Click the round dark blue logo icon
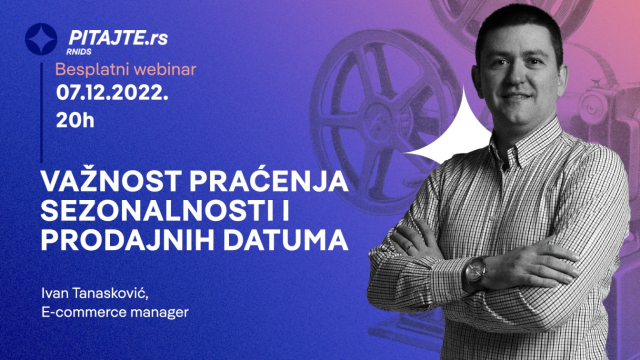pyautogui.click(x=41, y=39)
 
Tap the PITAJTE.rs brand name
pyautogui.click(x=118, y=37)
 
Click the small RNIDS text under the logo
pyautogui.click(x=79, y=51)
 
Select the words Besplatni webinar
pyautogui.click(x=125, y=69)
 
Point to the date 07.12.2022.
pyautogui.click(x=112, y=92)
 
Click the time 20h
pyautogui.click(x=75, y=120)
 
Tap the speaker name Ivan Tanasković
pyautogui.click(x=95, y=293)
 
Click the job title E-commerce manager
pyautogui.click(x=115, y=312)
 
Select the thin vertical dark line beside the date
pyautogui.click(x=41, y=112)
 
